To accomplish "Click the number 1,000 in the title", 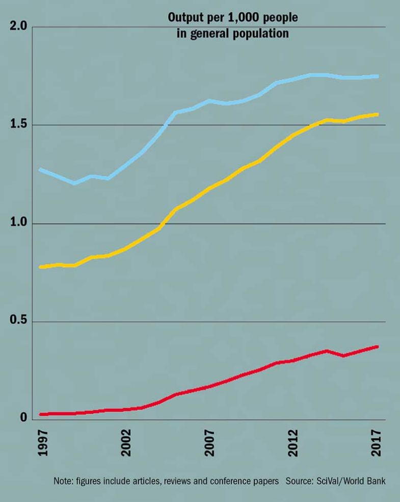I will [x=247, y=18].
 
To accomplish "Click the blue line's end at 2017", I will [x=377, y=76].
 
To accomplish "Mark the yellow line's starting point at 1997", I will [x=41, y=267].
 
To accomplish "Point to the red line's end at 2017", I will [x=377, y=347].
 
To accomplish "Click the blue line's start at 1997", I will [x=41, y=169].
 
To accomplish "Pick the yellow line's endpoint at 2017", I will [x=377, y=114].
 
